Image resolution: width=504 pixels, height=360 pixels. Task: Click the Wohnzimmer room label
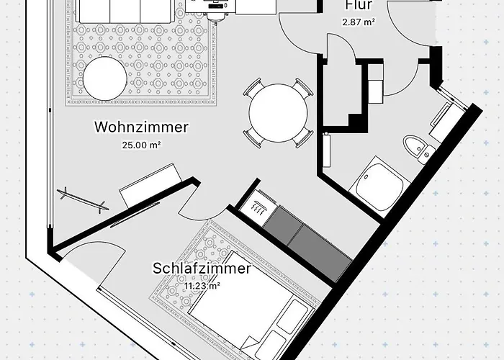click(141, 128)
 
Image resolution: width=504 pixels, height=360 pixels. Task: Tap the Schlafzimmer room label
click(202, 269)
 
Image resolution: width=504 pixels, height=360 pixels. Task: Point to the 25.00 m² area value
click(141, 144)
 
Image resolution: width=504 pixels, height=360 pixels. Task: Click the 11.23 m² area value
click(202, 285)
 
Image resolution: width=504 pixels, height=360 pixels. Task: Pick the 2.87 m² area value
click(359, 22)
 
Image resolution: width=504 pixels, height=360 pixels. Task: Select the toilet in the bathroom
click(416, 148)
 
